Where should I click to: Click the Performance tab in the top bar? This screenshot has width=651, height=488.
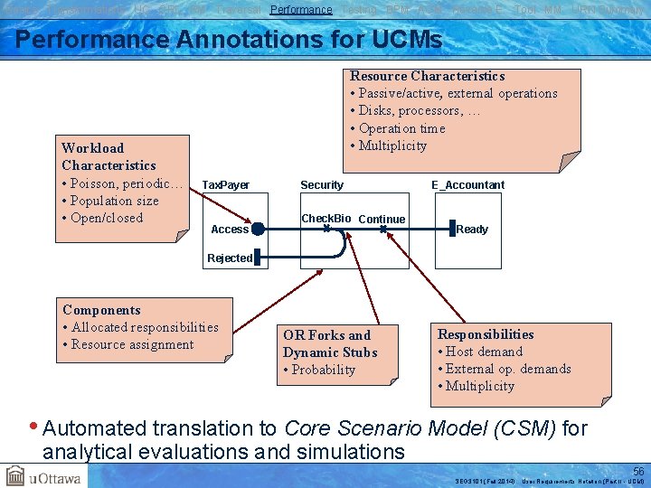(301, 9)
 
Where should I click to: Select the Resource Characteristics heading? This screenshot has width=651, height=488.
(427, 76)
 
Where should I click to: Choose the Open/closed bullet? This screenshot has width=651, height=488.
(102, 218)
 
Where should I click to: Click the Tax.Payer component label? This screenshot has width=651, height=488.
(225, 185)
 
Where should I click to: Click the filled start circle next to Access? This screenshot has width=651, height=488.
(258, 229)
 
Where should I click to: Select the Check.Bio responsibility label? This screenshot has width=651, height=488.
(325, 219)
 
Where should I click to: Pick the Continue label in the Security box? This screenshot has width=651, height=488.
(382, 220)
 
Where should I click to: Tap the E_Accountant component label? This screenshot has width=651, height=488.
(467, 185)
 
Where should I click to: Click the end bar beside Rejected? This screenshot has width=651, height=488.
(256, 258)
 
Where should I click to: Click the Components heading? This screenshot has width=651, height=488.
(101, 310)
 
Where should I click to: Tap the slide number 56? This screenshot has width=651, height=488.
(638, 471)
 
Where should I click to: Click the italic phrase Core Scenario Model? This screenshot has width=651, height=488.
(420, 428)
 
